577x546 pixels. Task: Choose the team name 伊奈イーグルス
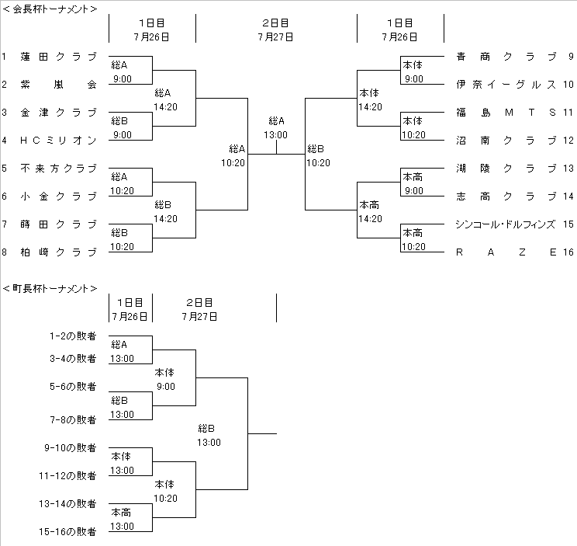pos(506,85)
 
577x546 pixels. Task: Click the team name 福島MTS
pos(506,113)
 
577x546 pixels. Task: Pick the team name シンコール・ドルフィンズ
pos(506,224)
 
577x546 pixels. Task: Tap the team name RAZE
pos(506,252)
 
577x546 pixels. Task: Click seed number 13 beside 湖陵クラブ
pos(568,169)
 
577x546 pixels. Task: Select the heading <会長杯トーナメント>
pos(50,9)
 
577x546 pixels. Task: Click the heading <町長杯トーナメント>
pos(50,288)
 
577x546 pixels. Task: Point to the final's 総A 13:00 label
pos(276,127)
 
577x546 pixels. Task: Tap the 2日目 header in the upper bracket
pos(276,23)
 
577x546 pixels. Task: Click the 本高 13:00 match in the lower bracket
pos(122,519)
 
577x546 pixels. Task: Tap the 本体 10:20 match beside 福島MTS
pos(413,127)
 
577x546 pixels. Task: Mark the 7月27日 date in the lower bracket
pos(200,316)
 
